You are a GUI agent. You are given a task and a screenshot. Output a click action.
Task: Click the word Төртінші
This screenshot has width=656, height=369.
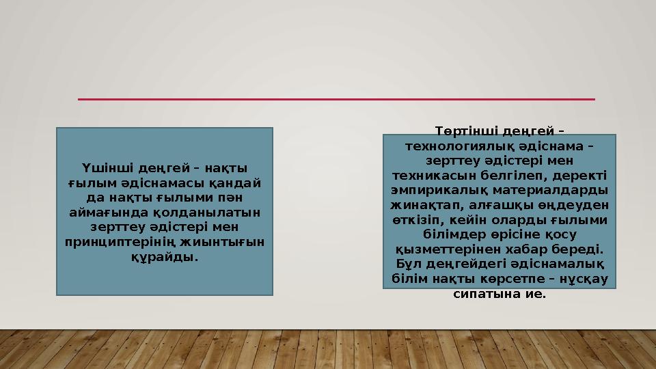(x=466, y=130)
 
